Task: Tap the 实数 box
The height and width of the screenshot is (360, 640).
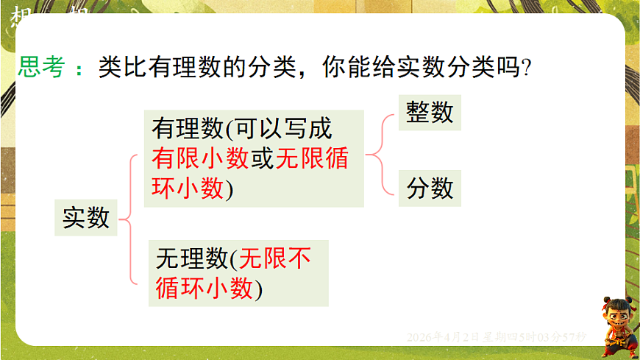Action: (86, 217)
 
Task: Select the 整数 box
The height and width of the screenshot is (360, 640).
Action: (430, 113)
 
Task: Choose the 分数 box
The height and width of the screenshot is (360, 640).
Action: (430, 188)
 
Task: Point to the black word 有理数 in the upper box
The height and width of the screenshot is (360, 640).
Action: (187, 129)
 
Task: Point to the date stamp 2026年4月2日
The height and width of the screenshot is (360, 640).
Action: (442, 336)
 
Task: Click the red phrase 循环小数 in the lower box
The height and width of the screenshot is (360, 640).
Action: (205, 289)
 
